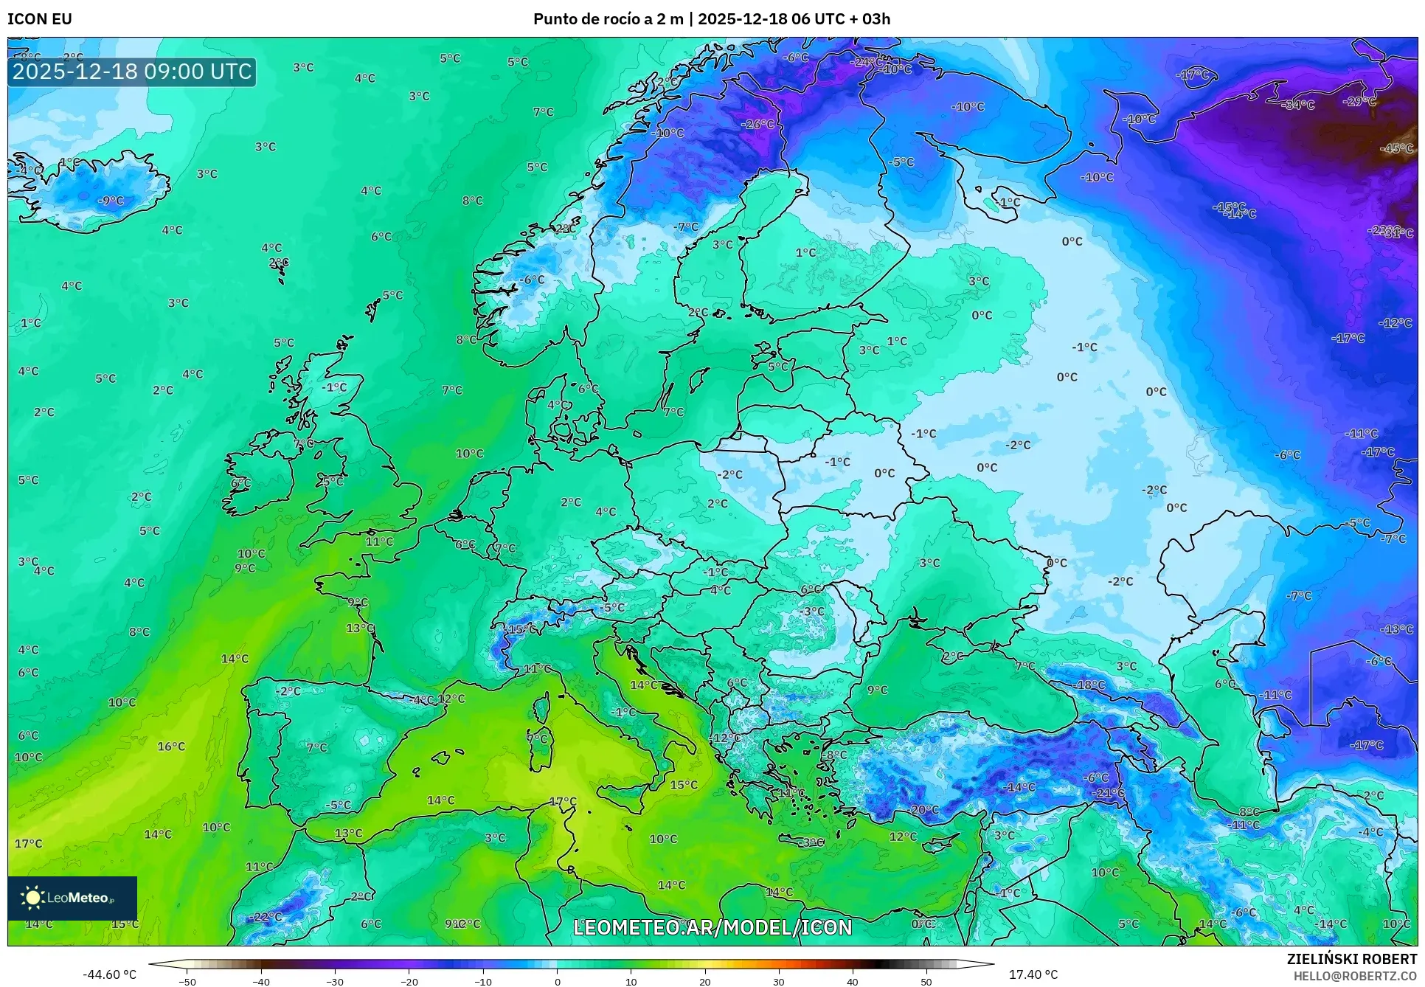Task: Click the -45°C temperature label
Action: tap(1397, 148)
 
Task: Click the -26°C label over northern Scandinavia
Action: tap(757, 125)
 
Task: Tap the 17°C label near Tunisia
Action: tap(563, 801)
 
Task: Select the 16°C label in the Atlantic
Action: tap(171, 747)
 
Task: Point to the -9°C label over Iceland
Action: tap(111, 201)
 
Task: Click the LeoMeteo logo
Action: tap(72, 898)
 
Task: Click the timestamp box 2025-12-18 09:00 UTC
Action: tap(132, 72)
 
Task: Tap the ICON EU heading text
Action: tap(40, 19)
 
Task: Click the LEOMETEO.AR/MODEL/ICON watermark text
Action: tap(712, 927)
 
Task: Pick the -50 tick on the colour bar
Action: tap(187, 982)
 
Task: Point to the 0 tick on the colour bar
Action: tap(557, 982)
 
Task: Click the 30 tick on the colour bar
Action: tap(779, 982)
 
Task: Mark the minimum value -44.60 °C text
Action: tap(109, 974)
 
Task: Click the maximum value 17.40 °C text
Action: tap(1033, 974)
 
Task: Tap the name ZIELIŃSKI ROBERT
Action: tap(1351, 959)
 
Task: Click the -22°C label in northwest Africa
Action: tap(266, 917)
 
